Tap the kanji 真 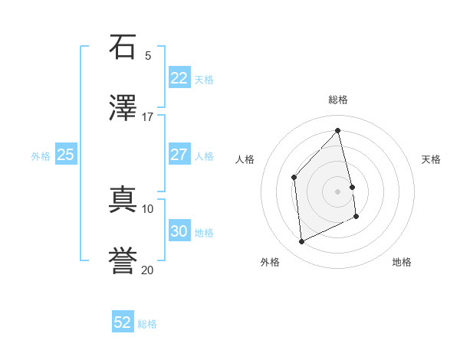tap(123, 200)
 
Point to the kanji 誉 tap(123, 261)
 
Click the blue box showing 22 tap(179, 78)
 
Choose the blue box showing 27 tap(179, 155)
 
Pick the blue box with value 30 tap(179, 231)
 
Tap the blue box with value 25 tap(65, 155)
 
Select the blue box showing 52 tap(123, 322)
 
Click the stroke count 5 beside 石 tap(148, 55)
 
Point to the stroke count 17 tap(148, 116)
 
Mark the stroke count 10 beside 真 tap(148, 208)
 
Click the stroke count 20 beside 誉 tap(148, 270)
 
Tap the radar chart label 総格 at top tap(338, 100)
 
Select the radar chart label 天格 tap(431, 159)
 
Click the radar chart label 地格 tap(402, 262)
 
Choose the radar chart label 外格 tap(270, 262)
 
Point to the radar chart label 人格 tap(245, 159)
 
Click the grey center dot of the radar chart tap(338, 191)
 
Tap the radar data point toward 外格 tap(301, 242)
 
